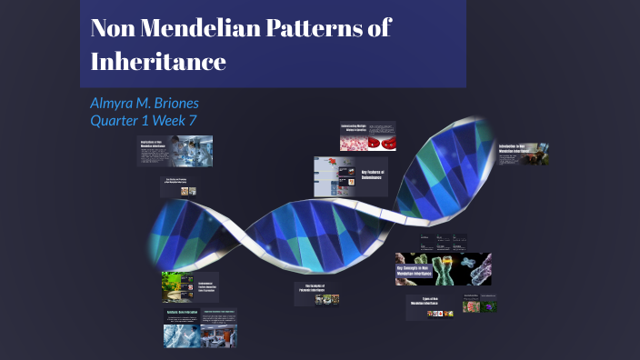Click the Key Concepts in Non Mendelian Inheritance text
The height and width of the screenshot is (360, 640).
[x=419, y=272]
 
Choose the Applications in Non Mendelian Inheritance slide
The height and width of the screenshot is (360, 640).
[x=175, y=150]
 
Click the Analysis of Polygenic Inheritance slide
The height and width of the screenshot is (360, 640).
[x=316, y=294]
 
